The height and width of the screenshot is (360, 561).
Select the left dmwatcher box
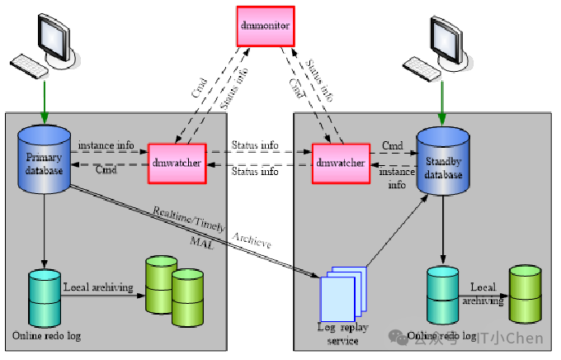tap(176, 163)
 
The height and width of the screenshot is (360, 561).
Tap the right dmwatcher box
tap(339, 163)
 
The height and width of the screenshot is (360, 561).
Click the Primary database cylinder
tap(45, 160)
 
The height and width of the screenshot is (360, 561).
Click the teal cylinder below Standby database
tap(442, 295)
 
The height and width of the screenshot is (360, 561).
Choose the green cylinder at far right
tap(526, 295)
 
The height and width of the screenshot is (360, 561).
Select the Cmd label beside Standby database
tap(393, 146)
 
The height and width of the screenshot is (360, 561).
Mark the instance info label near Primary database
tap(106, 145)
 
